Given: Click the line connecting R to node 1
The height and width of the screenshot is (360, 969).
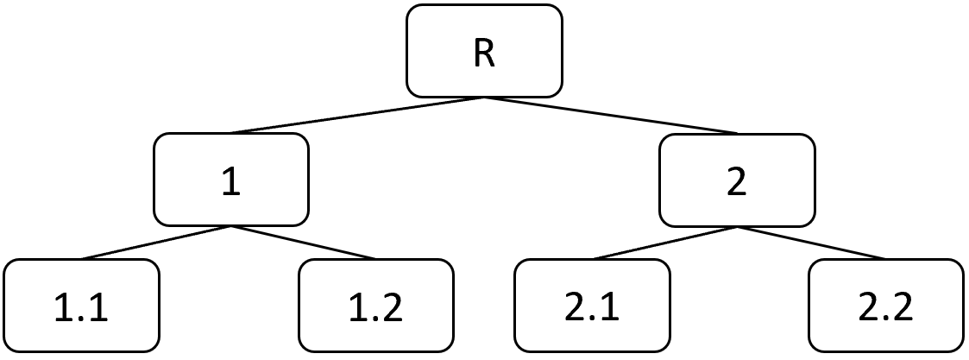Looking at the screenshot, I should click(357, 115).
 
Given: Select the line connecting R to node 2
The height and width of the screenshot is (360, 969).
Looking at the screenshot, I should click(611, 115).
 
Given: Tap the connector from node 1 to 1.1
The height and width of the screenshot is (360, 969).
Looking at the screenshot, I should click(156, 243).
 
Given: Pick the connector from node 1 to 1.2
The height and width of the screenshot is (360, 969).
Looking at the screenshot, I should click(304, 243).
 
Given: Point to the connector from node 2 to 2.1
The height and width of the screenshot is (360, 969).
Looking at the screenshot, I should click(664, 243).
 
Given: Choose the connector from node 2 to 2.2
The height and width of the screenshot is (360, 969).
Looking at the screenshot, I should click(812, 243).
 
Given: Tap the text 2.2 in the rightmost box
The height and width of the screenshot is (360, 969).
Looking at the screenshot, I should click(886, 308).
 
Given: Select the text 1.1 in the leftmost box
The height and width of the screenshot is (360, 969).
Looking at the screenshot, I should click(82, 308).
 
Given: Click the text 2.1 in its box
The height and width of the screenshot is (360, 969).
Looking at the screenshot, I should click(592, 308).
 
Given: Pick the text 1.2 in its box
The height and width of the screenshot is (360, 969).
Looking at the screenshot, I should click(376, 308).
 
